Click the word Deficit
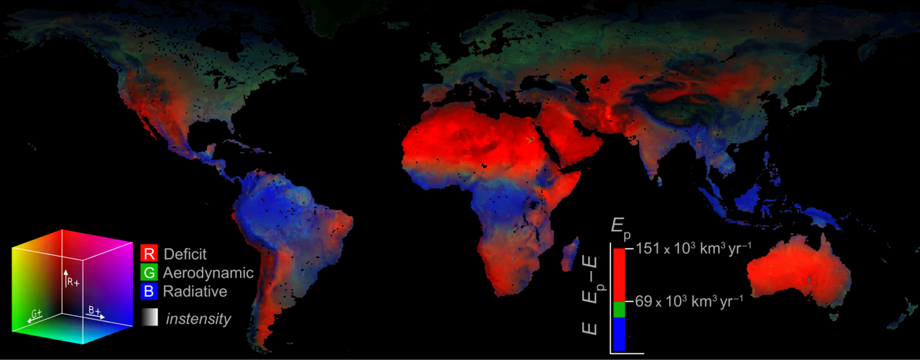(185, 254)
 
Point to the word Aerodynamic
(208, 273)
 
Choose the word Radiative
(195, 292)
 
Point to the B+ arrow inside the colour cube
(96, 314)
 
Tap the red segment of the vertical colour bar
(619, 273)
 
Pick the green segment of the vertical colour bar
(619, 308)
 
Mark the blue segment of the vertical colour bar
(619, 333)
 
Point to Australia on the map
(798, 273)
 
